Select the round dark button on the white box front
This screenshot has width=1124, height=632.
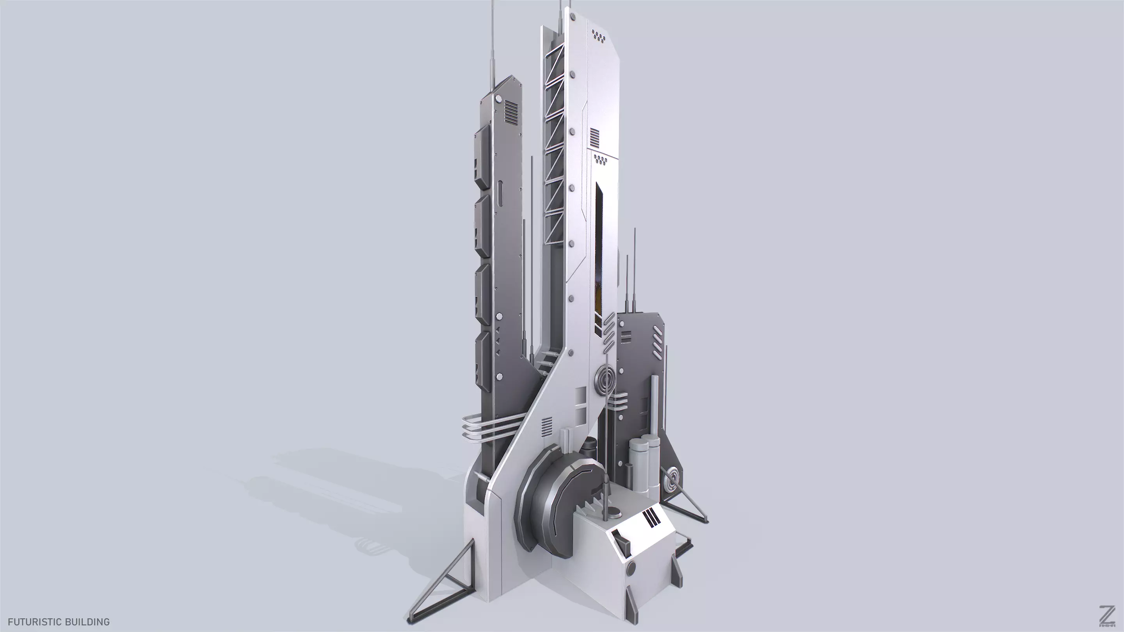631,568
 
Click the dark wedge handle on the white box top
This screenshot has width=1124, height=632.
622,541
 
